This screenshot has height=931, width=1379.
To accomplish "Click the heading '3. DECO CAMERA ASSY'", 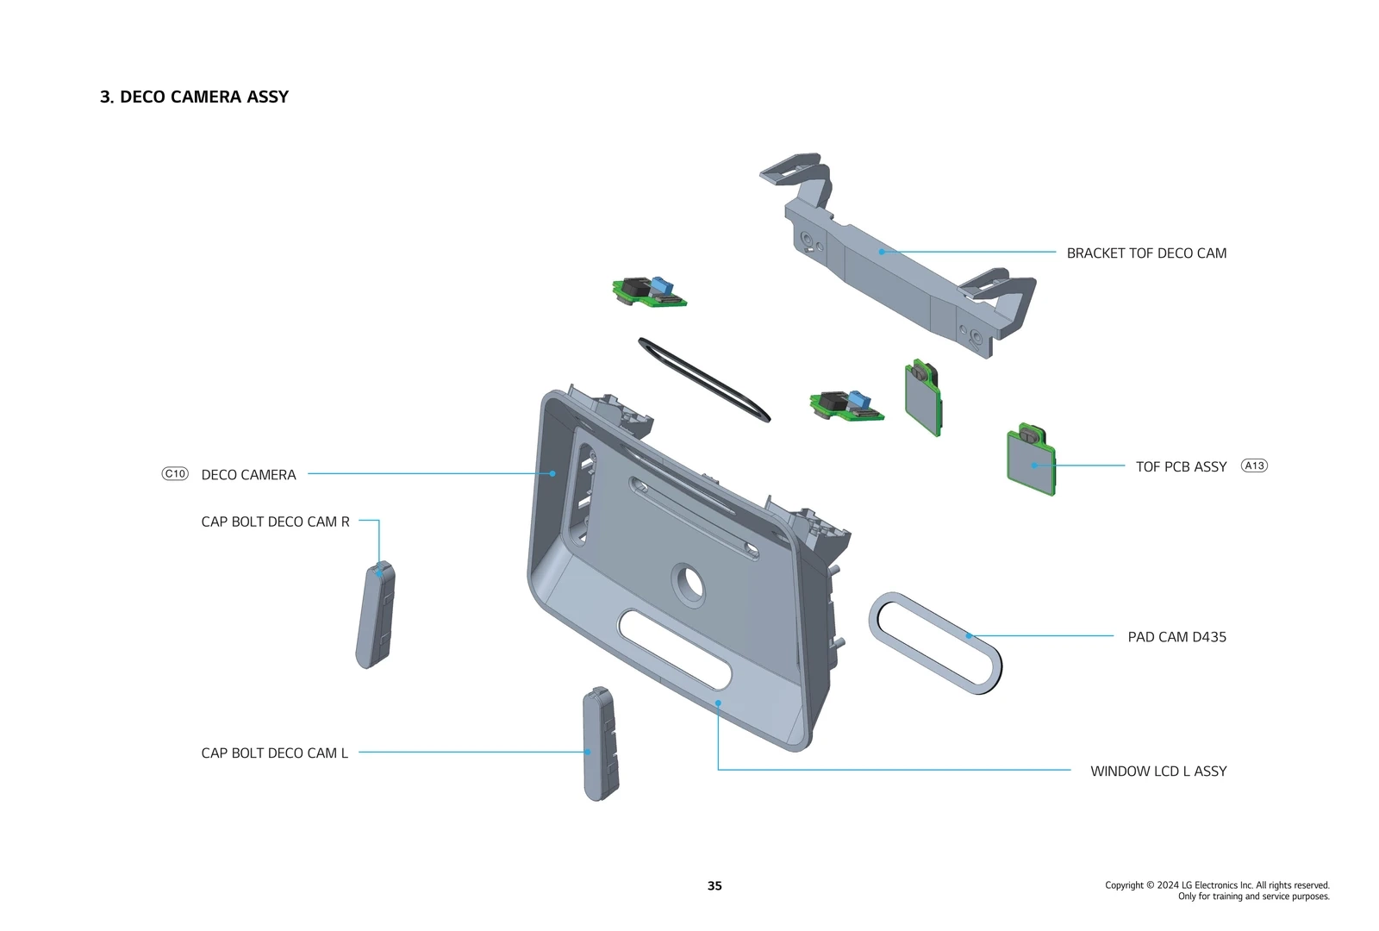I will [x=194, y=97].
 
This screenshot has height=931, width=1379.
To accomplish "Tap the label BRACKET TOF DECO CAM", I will [x=1145, y=253].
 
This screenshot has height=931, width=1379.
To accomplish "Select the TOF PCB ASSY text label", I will [x=1180, y=466].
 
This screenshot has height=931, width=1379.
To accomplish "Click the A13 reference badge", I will [x=1254, y=465].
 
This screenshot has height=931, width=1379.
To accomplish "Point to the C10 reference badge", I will [x=175, y=473].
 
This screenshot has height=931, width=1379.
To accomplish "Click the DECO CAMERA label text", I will [x=248, y=475].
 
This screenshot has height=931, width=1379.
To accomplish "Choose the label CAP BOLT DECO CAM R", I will [x=275, y=522].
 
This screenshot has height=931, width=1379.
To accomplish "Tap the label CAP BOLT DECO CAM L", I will [x=274, y=753].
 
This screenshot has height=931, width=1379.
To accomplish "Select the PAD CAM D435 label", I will [x=1176, y=637].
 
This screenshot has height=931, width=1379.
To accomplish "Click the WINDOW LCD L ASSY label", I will [x=1157, y=771].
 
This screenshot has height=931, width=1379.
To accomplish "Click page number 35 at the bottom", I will [x=714, y=885].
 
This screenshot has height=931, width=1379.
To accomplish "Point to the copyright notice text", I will [x=1217, y=890].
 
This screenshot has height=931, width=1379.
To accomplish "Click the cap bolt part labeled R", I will [x=376, y=615].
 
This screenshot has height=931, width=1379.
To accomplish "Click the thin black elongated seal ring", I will [x=703, y=379].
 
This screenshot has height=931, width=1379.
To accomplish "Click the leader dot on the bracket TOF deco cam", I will [x=882, y=252].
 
